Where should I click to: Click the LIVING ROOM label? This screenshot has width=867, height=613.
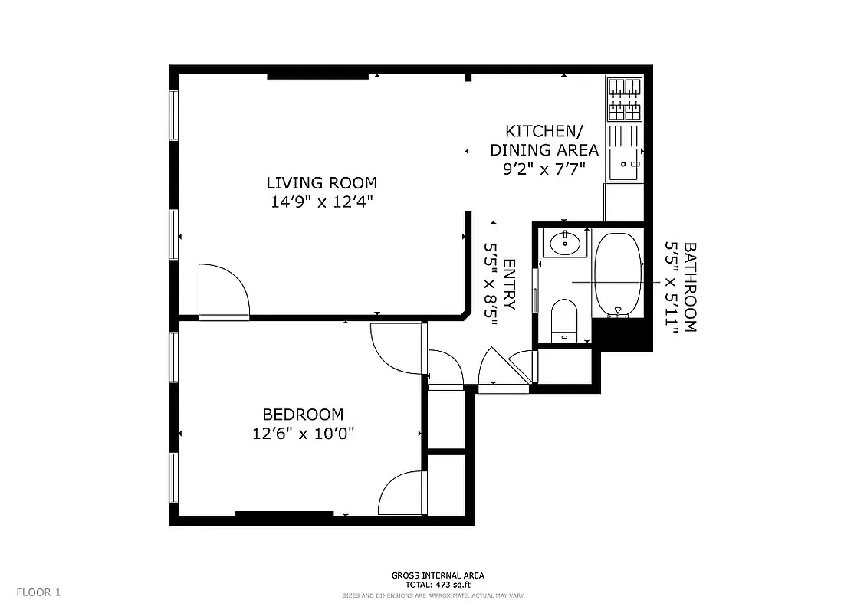pyautogui.click(x=321, y=183)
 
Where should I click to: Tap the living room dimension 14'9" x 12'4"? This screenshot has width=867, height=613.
pyautogui.click(x=321, y=202)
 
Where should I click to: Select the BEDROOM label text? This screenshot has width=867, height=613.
pyautogui.click(x=303, y=415)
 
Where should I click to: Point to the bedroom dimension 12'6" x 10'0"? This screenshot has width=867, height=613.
pyautogui.click(x=303, y=434)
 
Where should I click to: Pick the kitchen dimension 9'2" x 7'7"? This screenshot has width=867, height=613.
pyautogui.click(x=544, y=169)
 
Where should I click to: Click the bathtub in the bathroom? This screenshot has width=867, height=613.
pyautogui.click(x=617, y=274)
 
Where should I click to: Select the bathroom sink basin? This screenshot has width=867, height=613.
pyautogui.click(x=566, y=244)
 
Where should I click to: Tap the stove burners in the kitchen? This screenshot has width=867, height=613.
pyautogui.click(x=624, y=99)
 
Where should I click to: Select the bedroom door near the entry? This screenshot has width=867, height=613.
pyautogui.click(x=396, y=349)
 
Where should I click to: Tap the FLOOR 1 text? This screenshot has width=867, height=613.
pyautogui.click(x=38, y=592)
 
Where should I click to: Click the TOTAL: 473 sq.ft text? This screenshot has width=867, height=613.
pyautogui.click(x=437, y=585)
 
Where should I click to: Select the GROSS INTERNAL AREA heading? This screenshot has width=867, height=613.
pyautogui.click(x=437, y=575)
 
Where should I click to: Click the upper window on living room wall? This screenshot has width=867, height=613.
pyautogui.click(x=174, y=115)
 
